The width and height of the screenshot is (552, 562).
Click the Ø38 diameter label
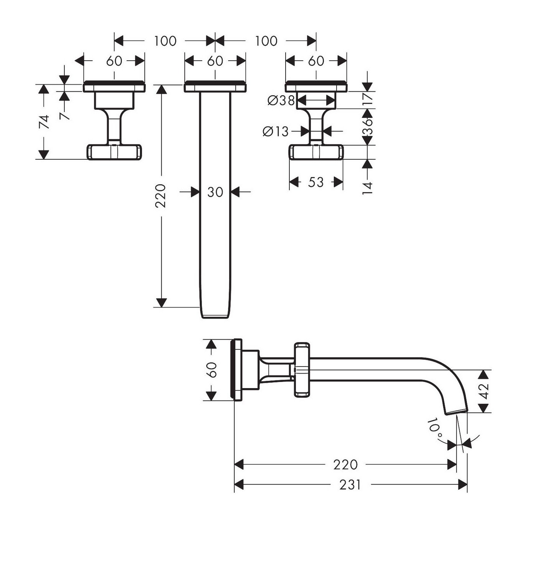(x=281, y=101)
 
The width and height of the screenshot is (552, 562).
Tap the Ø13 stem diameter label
(x=275, y=132)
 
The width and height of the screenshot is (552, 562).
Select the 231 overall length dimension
(x=350, y=485)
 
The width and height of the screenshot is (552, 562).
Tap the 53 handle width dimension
(x=316, y=182)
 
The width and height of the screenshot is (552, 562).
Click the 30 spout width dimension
(x=215, y=192)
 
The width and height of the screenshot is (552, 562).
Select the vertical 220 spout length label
(x=161, y=196)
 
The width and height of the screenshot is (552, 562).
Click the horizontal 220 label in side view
(x=345, y=464)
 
